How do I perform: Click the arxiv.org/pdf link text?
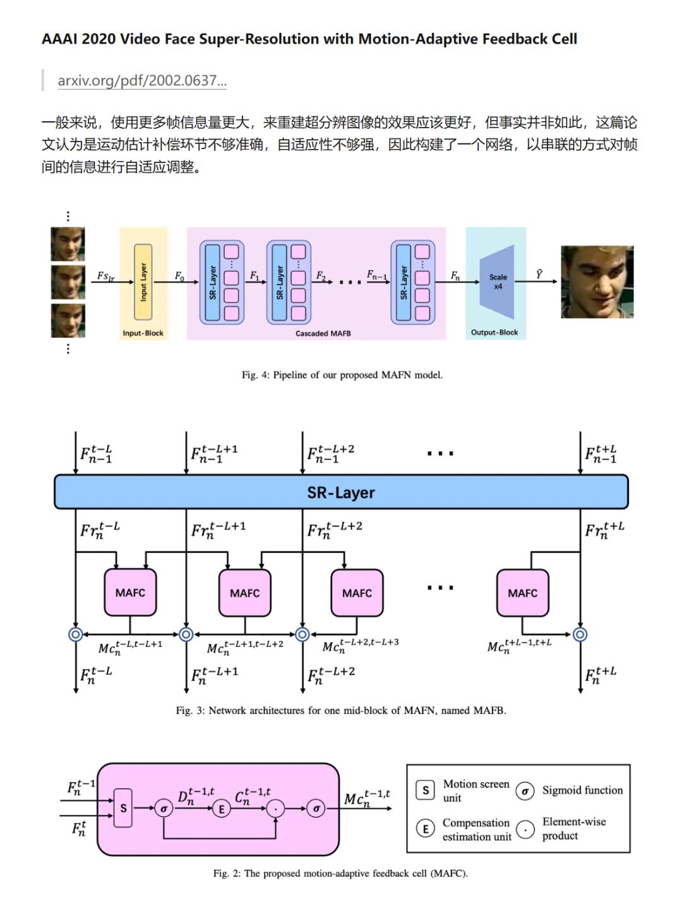[142, 81]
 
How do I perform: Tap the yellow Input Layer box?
[143, 282]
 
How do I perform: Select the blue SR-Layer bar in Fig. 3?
[341, 492]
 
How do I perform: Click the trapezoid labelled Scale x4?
[498, 282]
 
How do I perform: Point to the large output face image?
[597, 282]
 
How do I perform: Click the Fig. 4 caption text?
[342, 375]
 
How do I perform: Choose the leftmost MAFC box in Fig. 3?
[130, 593]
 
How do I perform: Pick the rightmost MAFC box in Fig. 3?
[522, 593]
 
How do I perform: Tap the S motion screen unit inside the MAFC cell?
[123, 807]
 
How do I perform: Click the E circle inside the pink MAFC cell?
[221, 808]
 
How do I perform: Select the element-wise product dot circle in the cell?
[275, 808]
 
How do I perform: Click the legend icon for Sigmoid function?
[525, 791]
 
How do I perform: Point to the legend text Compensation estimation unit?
[476, 829]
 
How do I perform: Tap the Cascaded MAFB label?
[323, 333]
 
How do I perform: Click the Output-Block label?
[494, 332]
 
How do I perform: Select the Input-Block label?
[143, 333]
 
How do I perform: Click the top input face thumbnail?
[68, 244]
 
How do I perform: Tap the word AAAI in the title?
[59, 39]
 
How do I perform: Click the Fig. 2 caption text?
[340, 873]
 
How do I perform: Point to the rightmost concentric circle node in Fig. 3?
[580, 634]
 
